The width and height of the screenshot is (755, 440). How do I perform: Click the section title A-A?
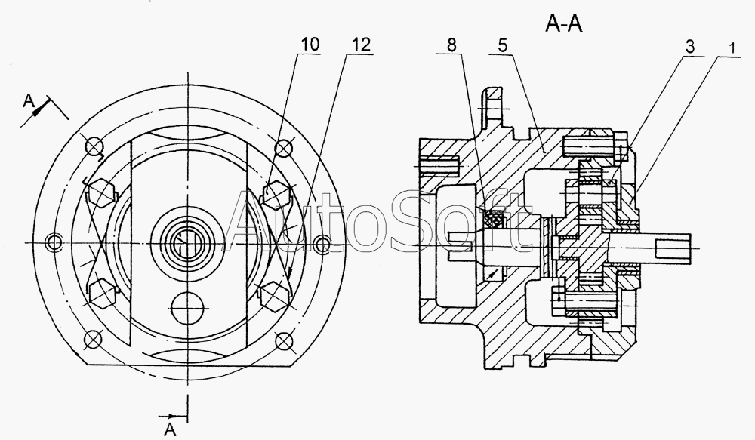564,23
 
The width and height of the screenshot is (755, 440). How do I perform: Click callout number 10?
310,45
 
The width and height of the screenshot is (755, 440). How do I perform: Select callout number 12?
362,45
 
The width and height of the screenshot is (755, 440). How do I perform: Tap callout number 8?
451,45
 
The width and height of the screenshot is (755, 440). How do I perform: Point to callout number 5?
502,45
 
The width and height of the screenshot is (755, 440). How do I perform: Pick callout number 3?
690,48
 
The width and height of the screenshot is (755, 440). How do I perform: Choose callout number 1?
732,48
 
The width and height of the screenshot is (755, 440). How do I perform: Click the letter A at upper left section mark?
29,100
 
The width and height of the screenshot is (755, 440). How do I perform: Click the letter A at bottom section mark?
170,429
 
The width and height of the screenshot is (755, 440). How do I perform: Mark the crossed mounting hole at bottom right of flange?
284,341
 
